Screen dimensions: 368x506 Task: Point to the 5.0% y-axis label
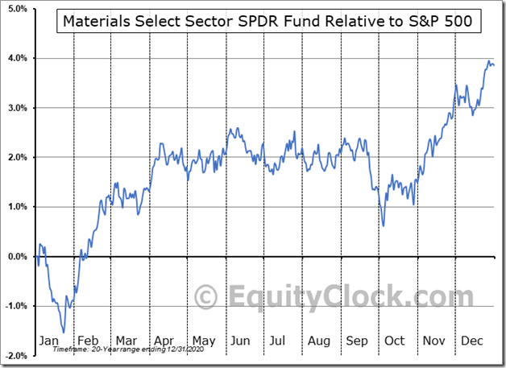tap(18, 8)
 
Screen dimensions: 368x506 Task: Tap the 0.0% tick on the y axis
tap(18, 256)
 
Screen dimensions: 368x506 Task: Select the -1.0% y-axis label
tap(17, 306)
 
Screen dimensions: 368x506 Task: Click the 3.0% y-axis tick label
tap(18, 108)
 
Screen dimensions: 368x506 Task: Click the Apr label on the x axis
tap(165, 341)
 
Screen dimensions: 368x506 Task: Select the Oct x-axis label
tap(394, 341)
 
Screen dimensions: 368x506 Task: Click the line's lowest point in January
tap(64, 331)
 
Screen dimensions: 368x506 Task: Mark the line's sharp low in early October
tap(384, 225)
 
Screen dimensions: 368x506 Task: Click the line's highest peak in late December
tap(489, 60)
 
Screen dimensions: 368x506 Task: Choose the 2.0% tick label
tap(18, 157)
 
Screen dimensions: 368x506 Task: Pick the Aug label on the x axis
tap(317, 341)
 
